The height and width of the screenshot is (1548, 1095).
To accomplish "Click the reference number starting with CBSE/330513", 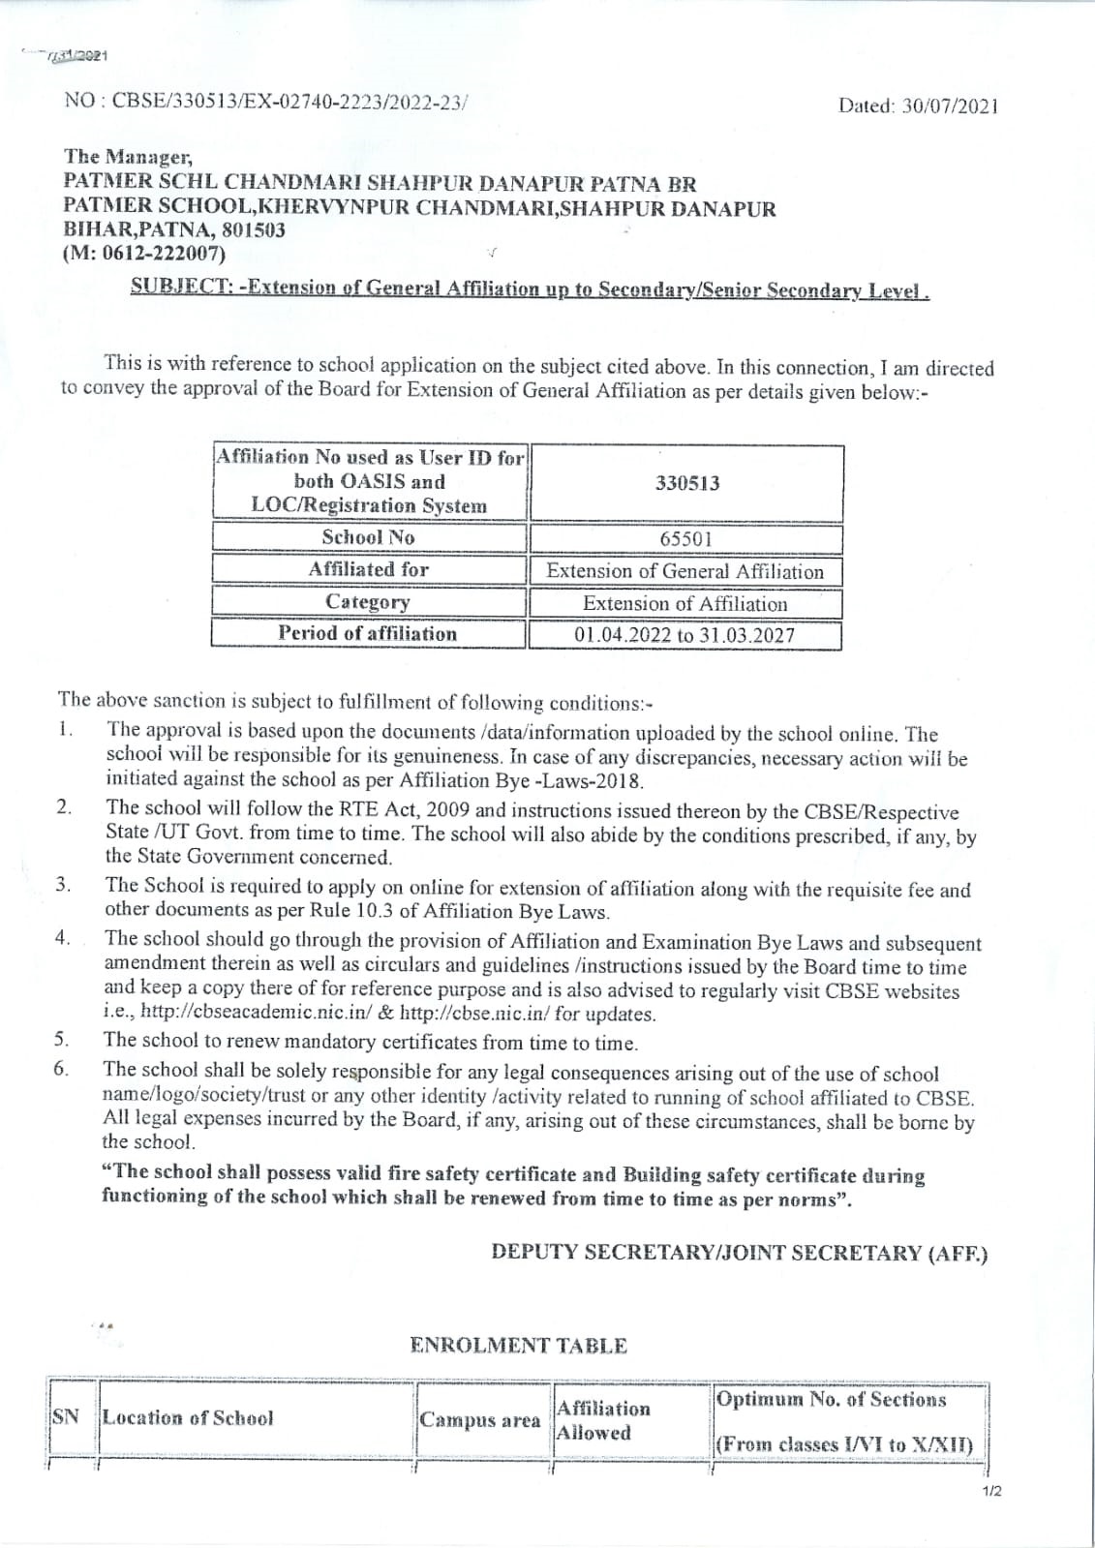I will (x=290, y=101).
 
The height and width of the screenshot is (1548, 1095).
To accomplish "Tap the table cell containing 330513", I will (x=686, y=483).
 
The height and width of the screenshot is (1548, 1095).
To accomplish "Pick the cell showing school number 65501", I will (x=685, y=538).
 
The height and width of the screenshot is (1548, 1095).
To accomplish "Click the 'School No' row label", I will (x=368, y=537).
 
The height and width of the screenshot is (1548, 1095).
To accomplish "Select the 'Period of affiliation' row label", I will (x=368, y=633).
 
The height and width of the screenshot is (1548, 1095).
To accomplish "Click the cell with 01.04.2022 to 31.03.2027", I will (x=684, y=635).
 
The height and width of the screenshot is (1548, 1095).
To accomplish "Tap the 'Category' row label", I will (x=368, y=601).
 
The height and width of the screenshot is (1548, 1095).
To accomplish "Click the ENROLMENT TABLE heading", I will (x=518, y=1345).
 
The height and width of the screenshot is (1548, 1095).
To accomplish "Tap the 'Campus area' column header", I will (x=479, y=1420).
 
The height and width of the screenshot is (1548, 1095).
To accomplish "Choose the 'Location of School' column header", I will (x=188, y=1417).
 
